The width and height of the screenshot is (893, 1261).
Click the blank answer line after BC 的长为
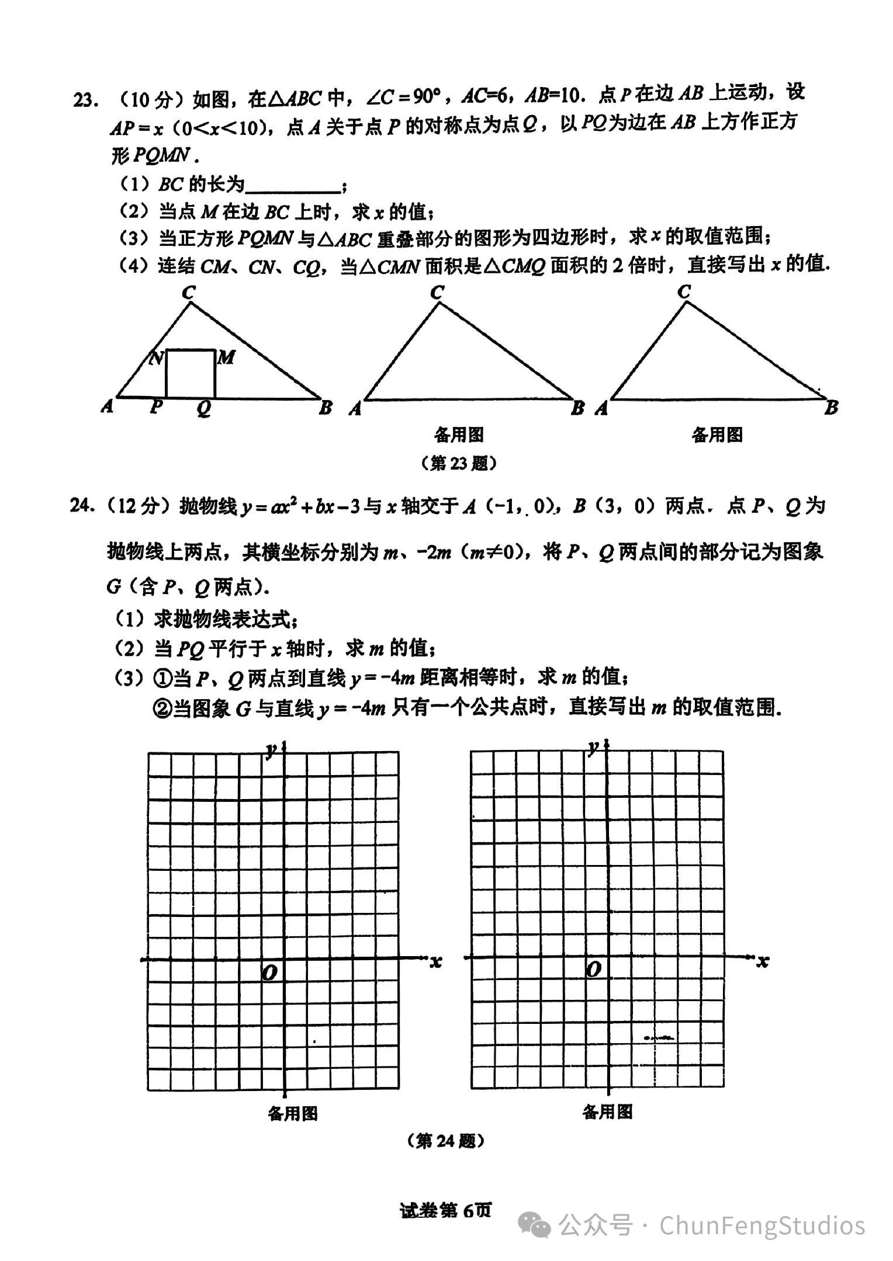point(293,187)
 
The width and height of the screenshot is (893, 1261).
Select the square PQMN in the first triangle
point(191,374)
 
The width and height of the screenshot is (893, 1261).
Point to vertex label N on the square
point(155,358)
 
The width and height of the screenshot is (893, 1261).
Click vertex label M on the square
point(226,357)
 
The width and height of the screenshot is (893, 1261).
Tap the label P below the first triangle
point(155,407)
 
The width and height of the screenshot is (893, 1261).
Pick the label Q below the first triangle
point(203,408)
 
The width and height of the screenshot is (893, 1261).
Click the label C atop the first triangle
point(188,292)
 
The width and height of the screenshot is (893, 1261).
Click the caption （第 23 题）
point(459,463)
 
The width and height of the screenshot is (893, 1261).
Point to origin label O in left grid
point(269,973)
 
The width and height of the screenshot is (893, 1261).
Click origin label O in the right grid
point(593,970)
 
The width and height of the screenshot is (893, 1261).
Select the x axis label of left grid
point(435,962)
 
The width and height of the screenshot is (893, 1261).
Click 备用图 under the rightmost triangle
point(717,435)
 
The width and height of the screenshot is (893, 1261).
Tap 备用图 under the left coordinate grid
point(293,1114)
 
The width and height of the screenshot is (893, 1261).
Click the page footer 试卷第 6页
point(446,1210)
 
